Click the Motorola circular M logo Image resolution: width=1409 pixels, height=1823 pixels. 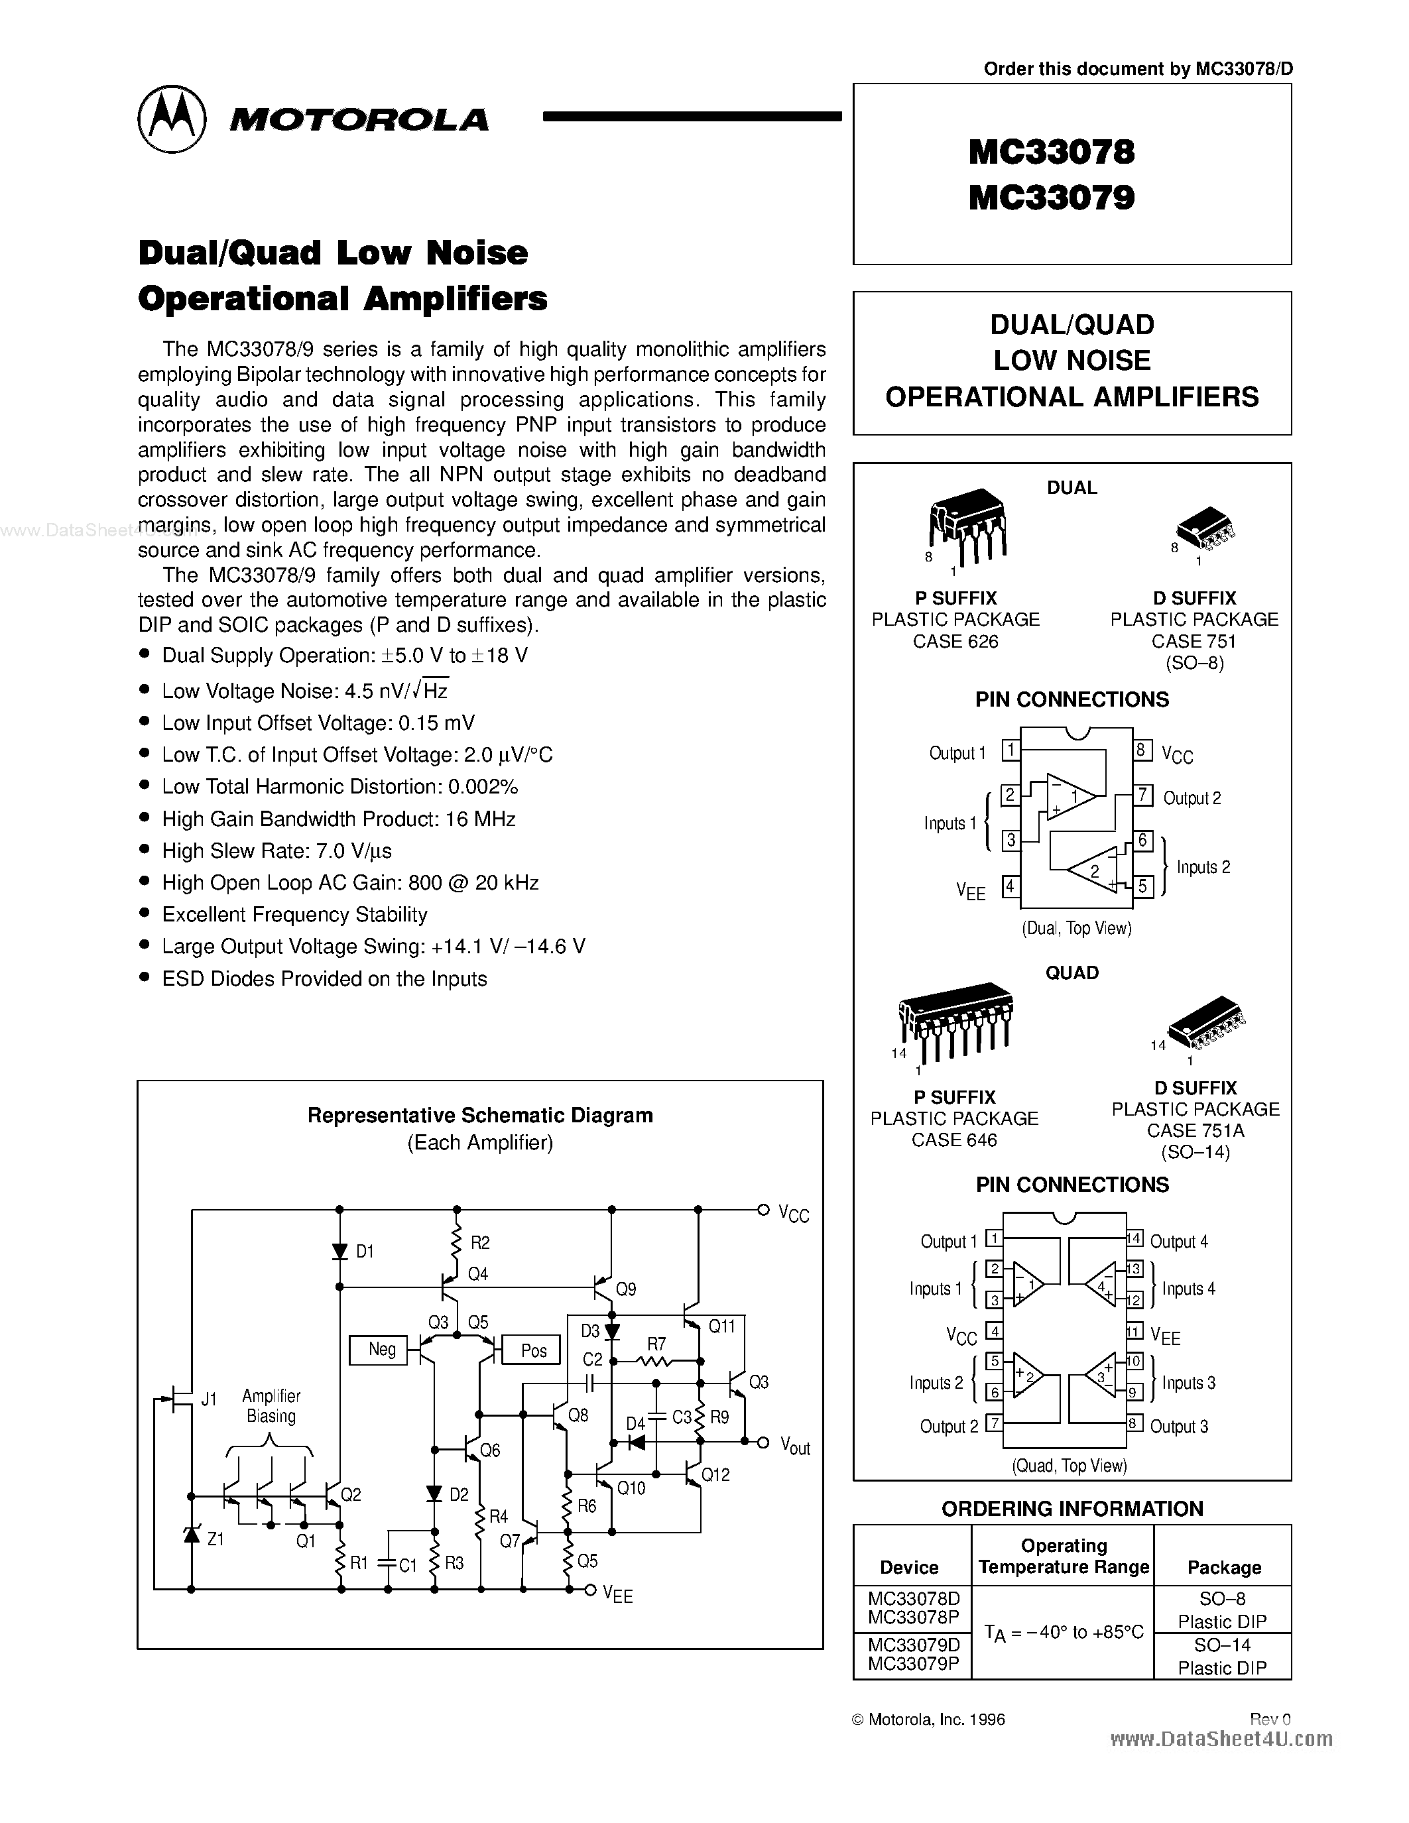click(171, 119)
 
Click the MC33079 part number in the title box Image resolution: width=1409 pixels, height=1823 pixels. click(1051, 198)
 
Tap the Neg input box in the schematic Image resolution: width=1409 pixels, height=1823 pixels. click(381, 1350)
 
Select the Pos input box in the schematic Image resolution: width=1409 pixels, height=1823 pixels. click(533, 1350)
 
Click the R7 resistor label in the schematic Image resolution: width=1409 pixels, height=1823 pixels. click(656, 1344)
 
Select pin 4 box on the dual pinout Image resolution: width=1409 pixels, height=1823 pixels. click(1010, 886)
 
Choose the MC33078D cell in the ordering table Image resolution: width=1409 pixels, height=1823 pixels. click(913, 1598)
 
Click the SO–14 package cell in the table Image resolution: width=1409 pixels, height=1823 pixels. click(1222, 1645)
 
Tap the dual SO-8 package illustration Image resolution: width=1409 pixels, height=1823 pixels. click(1205, 528)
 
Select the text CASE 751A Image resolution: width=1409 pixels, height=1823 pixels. click(1195, 1130)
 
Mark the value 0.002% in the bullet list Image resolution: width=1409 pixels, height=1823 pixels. click(483, 786)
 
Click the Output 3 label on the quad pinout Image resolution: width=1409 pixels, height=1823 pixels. click(1179, 1427)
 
